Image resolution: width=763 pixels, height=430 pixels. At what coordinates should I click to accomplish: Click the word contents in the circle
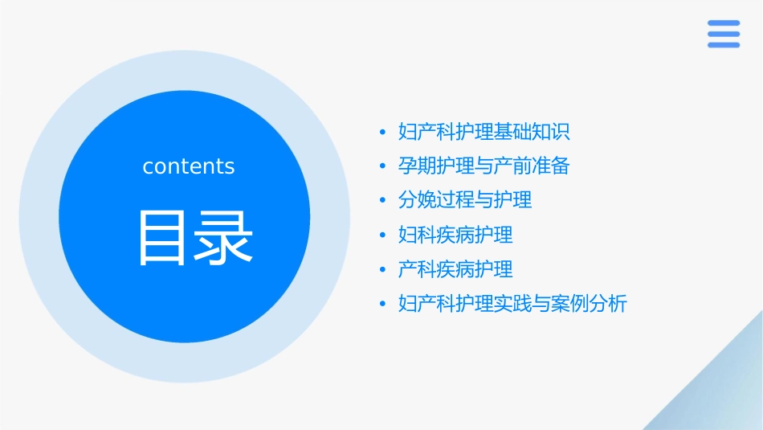189,166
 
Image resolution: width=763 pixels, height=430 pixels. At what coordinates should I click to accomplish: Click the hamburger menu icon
724,35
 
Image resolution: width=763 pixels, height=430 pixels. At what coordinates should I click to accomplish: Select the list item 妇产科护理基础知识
484,131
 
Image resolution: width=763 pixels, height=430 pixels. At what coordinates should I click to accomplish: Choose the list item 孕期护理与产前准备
484,166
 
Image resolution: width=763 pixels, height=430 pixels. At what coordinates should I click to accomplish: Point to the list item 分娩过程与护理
465,199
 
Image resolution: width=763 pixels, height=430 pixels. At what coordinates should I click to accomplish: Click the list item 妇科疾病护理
455,235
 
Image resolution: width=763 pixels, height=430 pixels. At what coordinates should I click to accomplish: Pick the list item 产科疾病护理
455,268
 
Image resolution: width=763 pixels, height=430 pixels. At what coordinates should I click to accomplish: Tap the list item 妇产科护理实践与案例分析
512,304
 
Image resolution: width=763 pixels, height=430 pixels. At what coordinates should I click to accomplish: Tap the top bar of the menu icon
724,23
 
